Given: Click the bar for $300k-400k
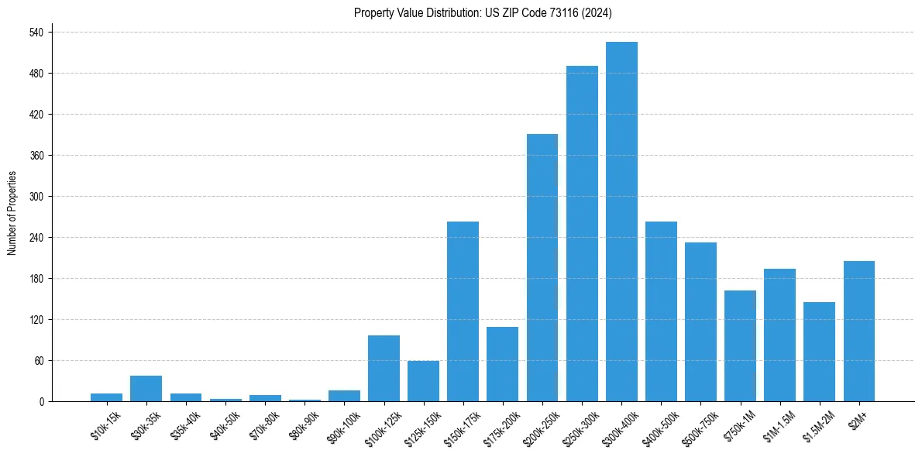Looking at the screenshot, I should pyautogui.click(x=621, y=222).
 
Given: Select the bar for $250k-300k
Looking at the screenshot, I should pyautogui.click(x=582, y=234).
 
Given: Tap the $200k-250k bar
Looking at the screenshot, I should pyautogui.click(x=542, y=268).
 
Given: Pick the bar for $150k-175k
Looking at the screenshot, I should pyautogui.click(x=463, y=311).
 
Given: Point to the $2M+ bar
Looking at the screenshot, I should pyautogui.click(x=858, y=332).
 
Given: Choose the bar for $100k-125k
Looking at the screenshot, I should pyautogui.click(x=384, y=369).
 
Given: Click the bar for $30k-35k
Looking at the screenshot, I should pyautogui.click(x=146, y=389).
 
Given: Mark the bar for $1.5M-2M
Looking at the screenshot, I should pyautogui.click(x=819, y=352).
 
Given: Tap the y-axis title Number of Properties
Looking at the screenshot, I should pyautogui.click(x=12, y=213).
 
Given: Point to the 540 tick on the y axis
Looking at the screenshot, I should pyautogui.click(x=36, y=33).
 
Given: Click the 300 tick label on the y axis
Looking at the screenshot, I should pyautogui.click(x=36, y=197).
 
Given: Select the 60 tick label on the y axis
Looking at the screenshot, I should pyautogui.click(x=39, y=361).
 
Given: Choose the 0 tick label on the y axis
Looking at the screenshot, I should pyautogui.click(x=41, y=402).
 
